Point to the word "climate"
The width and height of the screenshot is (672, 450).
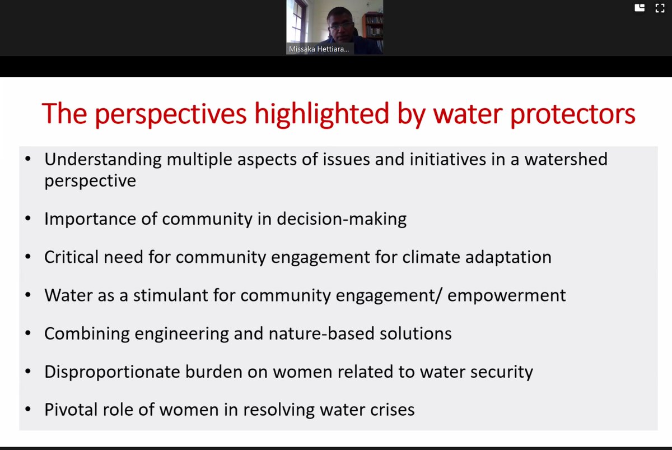tap(436, 257)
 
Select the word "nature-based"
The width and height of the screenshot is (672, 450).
tap(317, 333)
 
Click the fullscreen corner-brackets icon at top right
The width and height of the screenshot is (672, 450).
tap(660, 8)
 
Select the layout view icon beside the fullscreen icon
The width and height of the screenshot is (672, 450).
tap(639, 8)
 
